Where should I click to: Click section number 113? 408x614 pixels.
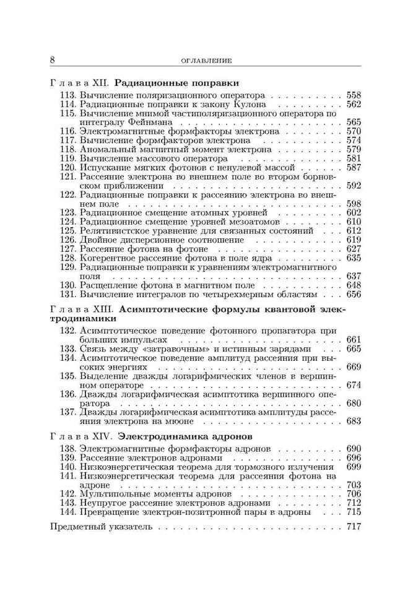(x=67, y=96)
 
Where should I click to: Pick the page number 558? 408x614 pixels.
(x=354, y=96)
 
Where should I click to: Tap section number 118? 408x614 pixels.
(x=67, y=149)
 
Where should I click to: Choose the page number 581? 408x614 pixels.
(x=354, y=158)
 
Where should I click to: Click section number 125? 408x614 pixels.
(x=67, y=230)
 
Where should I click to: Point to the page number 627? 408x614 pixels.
(x=354, y=248)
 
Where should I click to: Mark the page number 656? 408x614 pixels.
(x=354, y=294)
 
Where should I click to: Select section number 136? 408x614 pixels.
(x=67, y=394)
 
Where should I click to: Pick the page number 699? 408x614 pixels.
(x=354, y=465)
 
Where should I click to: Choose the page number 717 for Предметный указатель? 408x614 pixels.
(x=354, y=528)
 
